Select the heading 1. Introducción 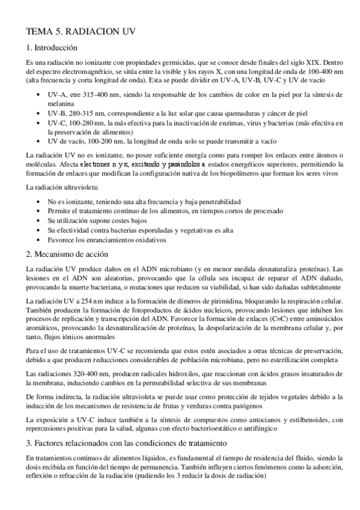pyautogui.click(x=53, y=48)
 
